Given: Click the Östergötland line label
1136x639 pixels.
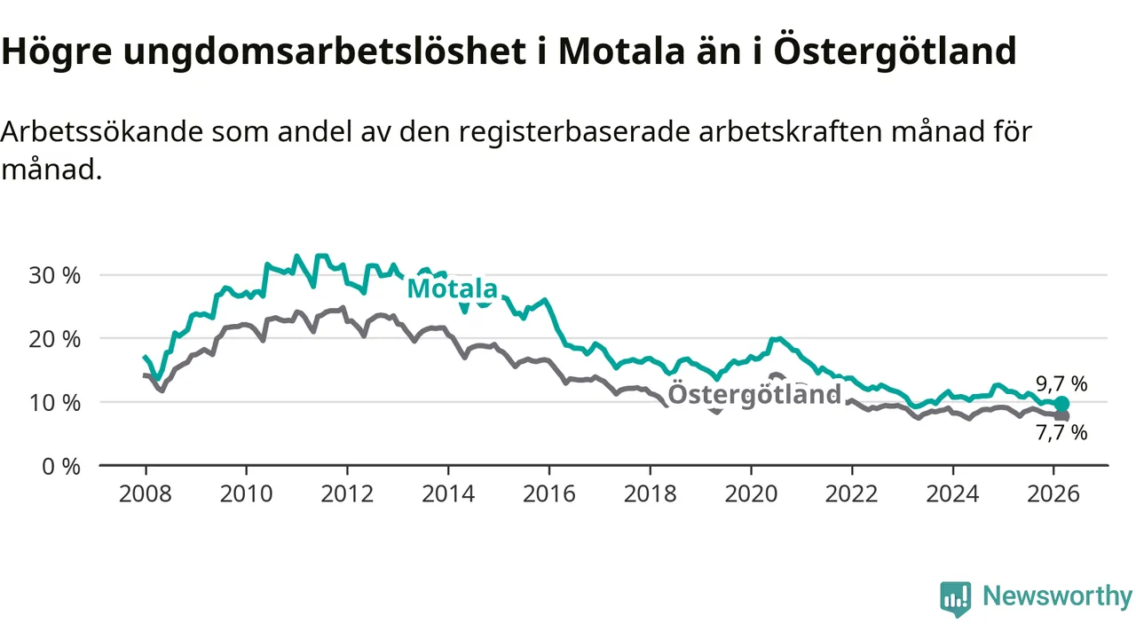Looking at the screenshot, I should click(x=753, y=394).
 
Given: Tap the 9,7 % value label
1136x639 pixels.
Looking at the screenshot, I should click(x=1061, y=384).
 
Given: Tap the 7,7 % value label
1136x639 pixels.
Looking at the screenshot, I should click(x=1061, y=433).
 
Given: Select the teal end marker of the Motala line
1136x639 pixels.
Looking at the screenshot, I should click(x=1061, y=404).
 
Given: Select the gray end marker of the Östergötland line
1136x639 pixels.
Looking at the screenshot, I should click(x=1061, y=415).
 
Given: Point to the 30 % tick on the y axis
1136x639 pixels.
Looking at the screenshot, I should click(x=55, y=275).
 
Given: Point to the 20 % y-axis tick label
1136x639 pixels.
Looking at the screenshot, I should click(x=55, y=339).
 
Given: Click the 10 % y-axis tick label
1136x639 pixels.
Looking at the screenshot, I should click(x=55, y=402).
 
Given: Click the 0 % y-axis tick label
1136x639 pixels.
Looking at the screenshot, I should click(x=60, y=466).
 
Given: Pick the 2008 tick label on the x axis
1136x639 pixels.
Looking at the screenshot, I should click(x=146, y=493).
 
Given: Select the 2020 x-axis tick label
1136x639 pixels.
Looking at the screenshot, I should click(x=751, y=493).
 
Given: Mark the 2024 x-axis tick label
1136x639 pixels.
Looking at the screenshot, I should click(x=952, y=493).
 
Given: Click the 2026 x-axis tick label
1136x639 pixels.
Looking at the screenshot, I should click(x=1053, y=493).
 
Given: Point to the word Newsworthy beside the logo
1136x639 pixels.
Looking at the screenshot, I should click(x=1057, y=596).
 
